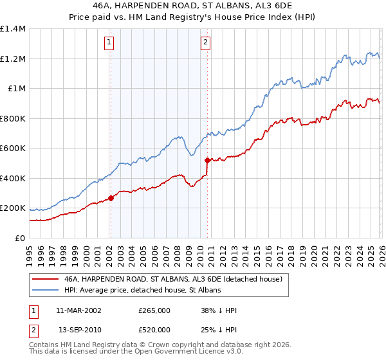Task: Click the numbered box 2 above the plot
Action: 205,43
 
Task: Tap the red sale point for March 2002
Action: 111,199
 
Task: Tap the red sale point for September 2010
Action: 207,160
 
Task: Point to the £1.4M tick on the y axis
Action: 13,29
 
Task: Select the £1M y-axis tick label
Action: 16,89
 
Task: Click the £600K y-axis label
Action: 13,148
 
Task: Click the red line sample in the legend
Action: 46,280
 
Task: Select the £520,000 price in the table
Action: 154,329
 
